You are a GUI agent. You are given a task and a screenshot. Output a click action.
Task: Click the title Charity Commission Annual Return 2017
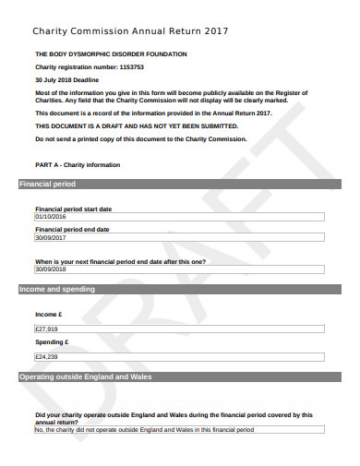(x=130, y=32)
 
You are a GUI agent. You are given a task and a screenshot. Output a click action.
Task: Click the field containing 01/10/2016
(x=178, y=217)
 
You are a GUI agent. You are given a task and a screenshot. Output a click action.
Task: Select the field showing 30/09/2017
(x=178, y=237)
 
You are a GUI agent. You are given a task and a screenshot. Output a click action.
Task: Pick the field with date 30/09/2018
(x=178, y=269)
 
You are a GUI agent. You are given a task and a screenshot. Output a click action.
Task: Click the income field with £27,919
(x=178, y=329)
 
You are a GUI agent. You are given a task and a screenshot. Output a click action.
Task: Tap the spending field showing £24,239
(x=178, y=356)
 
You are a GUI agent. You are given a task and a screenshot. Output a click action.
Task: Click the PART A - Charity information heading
(x=78, y=164)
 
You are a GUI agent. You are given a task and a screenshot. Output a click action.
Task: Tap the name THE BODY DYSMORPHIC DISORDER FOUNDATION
(x=111, y=54)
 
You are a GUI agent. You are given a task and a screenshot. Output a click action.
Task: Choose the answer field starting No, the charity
(x=178, y=429)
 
